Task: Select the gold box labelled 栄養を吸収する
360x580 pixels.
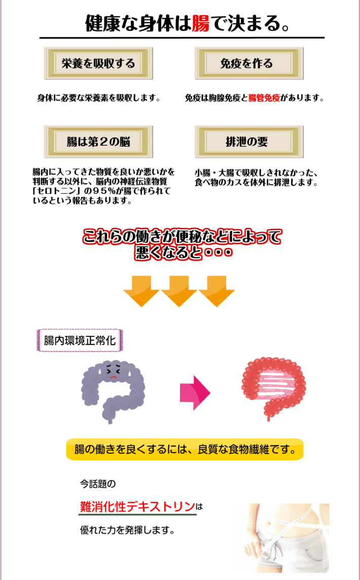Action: coord(98,63)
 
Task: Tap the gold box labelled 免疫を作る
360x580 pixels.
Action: coord(249,63)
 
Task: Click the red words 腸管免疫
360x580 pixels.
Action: coord(264,99)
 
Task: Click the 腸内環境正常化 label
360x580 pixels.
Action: coord(80,340)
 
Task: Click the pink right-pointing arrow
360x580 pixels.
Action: coord(195,393)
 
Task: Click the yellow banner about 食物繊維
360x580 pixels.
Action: coord(185,450)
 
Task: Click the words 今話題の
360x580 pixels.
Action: coord(97,483)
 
